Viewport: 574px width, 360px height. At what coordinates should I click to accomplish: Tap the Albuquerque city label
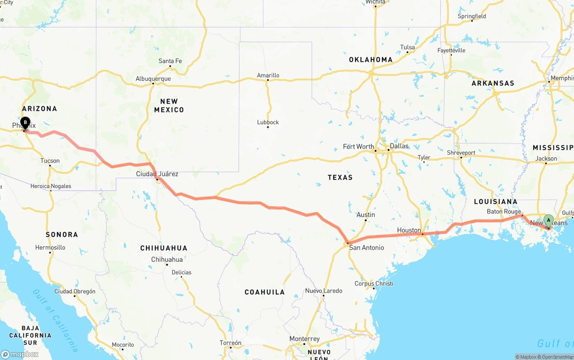point(153,79)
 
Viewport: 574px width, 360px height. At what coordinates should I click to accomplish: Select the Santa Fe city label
point(170,61)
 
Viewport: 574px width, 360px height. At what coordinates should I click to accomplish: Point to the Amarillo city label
point(268,75)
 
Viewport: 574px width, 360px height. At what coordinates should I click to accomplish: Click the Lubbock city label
point(268,122)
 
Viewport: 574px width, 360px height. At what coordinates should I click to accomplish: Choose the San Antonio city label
point(366,247)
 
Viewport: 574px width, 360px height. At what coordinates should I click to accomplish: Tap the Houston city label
point(409,230)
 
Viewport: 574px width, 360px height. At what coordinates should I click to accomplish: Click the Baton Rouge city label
point(504,212)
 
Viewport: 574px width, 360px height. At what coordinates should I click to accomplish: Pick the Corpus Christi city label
point(374,283)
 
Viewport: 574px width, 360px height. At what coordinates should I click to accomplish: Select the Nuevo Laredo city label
point(324,291)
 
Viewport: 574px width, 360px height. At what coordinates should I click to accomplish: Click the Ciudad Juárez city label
point(157,174)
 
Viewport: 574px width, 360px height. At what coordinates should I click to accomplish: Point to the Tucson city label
point(50,160)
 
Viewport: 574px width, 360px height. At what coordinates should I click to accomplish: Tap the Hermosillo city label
point(50,247)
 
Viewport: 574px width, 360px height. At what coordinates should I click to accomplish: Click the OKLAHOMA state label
point(371,60)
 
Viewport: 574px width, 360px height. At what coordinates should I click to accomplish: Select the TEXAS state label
point(340,178)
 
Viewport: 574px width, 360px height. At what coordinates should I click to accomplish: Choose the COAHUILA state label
point(265,292)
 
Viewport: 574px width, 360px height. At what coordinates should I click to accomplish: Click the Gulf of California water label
point(55,320)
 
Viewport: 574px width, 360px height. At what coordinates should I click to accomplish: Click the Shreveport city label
point(461,153)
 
